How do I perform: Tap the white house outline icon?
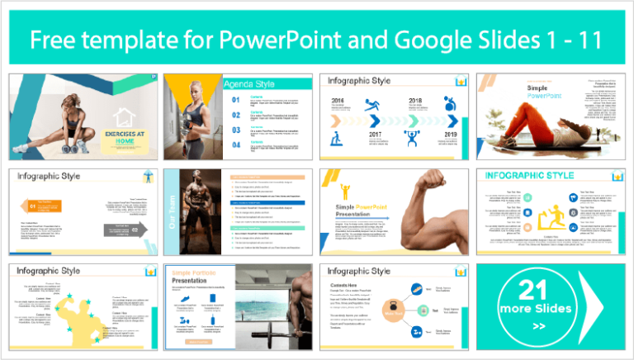pos(124,121)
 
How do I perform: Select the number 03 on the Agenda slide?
pos(236,129)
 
